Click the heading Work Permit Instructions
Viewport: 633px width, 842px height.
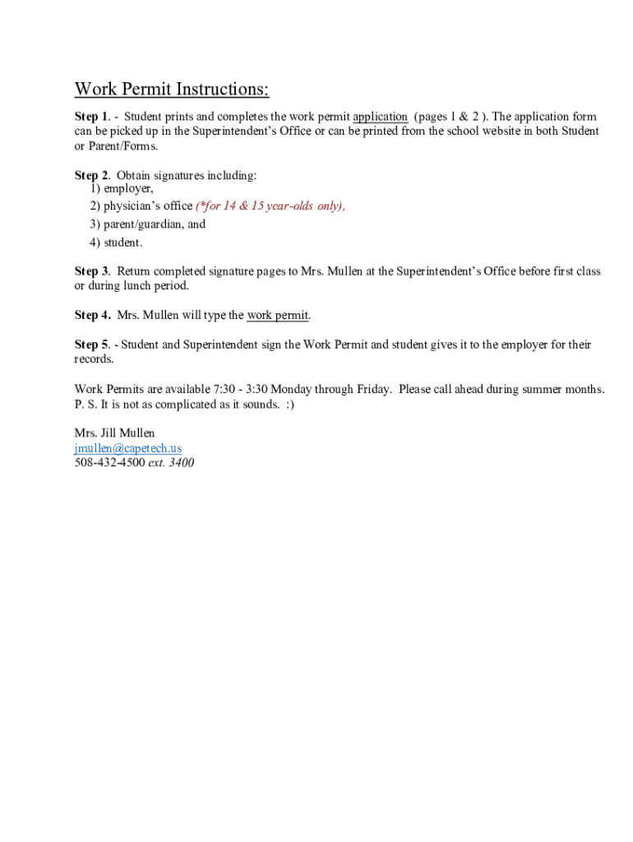click(172, 89)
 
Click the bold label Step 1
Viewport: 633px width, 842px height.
click(91, 117)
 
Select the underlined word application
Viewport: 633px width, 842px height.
click(380, 117)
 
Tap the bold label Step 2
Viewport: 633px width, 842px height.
click(91, 175)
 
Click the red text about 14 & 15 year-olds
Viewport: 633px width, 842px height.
click(270, 206)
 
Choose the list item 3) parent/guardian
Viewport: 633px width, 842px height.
click(148, 224)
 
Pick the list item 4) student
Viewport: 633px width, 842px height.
click(116, 243)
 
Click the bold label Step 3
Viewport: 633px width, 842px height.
click(91, 271)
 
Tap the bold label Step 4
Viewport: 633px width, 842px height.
click(92, 315)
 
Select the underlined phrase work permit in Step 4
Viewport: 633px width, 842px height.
click(278, 315)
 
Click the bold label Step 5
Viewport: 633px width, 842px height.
click(91, 345)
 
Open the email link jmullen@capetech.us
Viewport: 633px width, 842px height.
click(127, 448)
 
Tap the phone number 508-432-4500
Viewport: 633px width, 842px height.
click(109, 463)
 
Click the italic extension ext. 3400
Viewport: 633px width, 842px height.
click(171, 463)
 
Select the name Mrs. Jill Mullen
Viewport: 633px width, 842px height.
click(114, 433)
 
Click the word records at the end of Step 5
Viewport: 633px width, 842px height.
click(94, 359)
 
